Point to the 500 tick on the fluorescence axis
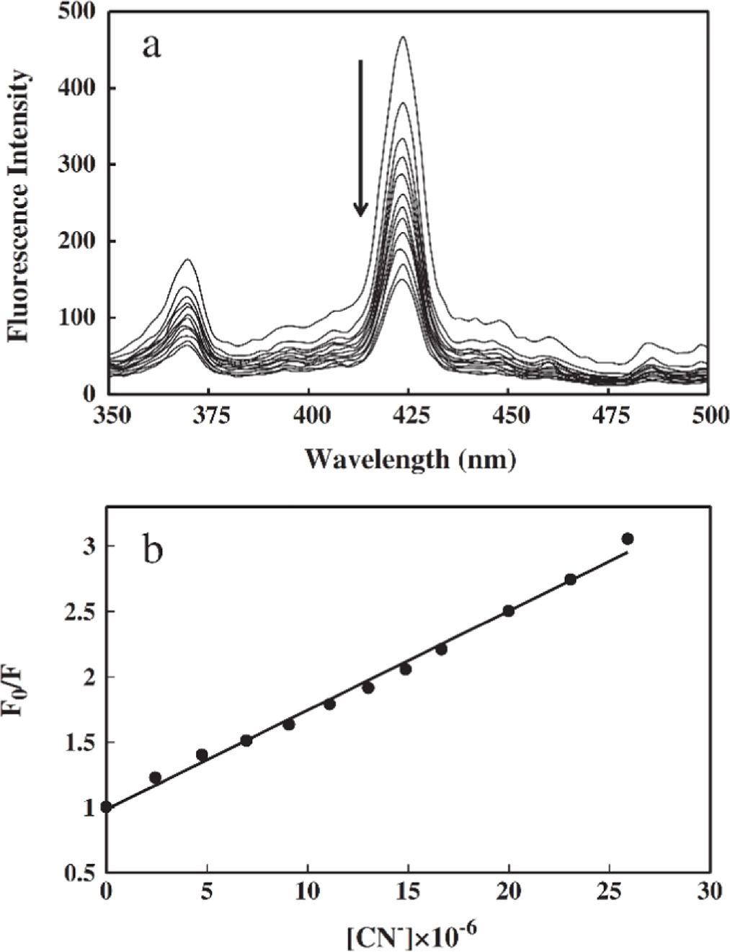pos(81,12)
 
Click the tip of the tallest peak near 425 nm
pos(404,37)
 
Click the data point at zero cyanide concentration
pos(107,806)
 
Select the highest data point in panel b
pos(628,538)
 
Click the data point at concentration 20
pos(509,610)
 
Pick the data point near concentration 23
pos(571,579)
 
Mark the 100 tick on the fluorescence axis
pos(81,318)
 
